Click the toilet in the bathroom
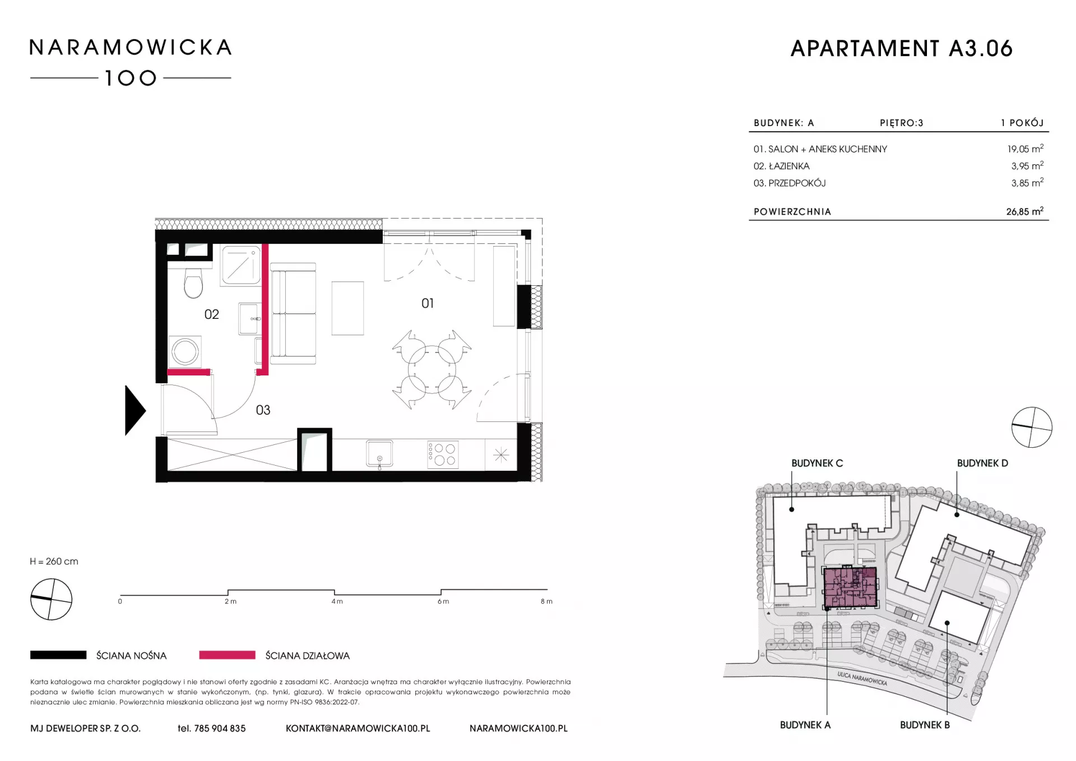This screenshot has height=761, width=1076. point(193,283)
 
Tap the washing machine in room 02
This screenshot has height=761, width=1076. point(185,352)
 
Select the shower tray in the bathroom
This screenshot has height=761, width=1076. point(241,265)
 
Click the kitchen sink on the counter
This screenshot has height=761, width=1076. point(379,453)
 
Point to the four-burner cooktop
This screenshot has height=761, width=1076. point(443,454)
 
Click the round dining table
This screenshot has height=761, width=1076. point(432,370)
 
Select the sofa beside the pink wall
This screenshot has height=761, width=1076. point(293,314)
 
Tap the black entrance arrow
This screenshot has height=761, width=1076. point(134,410)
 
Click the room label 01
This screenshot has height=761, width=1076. point(428,303)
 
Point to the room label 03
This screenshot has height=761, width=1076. point(263,410)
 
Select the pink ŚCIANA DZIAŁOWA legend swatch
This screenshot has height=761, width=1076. point(227,655)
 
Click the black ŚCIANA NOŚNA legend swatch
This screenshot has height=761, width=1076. point(58,655)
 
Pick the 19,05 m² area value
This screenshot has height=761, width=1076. point(1025,149)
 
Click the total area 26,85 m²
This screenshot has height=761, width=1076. point(1024,211)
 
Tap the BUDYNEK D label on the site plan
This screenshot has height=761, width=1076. point(982,463)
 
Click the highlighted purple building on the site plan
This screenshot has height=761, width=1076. point(850,587)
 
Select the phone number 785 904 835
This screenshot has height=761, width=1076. point(220,728)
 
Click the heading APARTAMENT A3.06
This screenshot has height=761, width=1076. point(901,49)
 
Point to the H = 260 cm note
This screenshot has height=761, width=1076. point(54,562)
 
